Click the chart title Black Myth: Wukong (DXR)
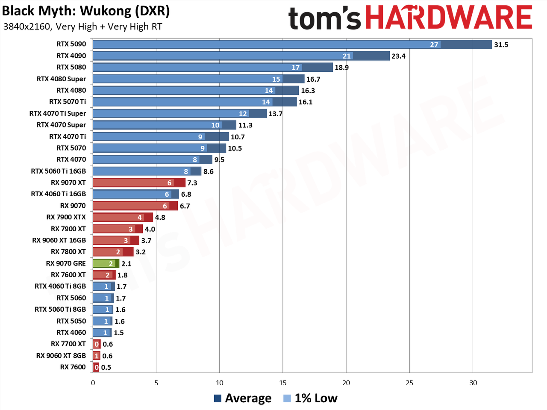tap(86, 11)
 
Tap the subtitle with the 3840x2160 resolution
tap(82, 27)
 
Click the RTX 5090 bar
tap(292, 44)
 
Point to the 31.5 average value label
tap(501, 44)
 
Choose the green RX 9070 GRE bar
tap(106, 263)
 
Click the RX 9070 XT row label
tap(68, 183)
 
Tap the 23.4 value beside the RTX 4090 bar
tap(398, 56)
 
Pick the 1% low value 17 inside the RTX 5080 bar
tap(296, 67)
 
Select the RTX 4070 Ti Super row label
tap(58, 113)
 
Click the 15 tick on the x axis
tap(282, 383)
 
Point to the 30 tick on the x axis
tap(473, 383)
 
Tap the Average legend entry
tap(243, 398)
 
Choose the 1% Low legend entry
tap(310, 398)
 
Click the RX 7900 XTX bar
tap(123, 217)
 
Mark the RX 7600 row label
tap(73, 367)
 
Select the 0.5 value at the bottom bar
tap(106, 367)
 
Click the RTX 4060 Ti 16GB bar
tap(136, 194)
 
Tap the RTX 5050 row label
tap(71, 321)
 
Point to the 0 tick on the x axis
tap(93, 383)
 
